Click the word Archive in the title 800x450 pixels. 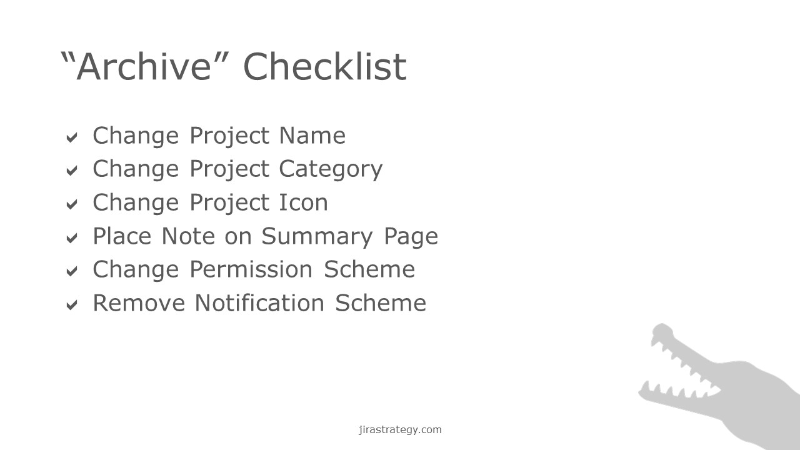tap(144, 66)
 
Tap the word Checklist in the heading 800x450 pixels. tap(325, 66)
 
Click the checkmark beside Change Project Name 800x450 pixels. tap(72, 137)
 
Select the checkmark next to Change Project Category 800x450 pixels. tap(72, 171)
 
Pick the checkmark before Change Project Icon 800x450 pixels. tap(72, 204)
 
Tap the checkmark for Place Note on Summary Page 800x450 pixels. tap(72, 238)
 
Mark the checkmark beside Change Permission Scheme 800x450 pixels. tap(72, 271)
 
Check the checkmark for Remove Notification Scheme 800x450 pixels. tap(72, 305)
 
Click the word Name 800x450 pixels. tap(312, 136)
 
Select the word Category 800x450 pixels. tap(331, 169)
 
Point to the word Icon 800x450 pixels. tap(303, 202)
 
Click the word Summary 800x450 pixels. tap(317, 236)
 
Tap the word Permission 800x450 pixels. tap(251, 269)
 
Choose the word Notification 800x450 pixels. tap(259, 303)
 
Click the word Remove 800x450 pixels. tap(139, 303)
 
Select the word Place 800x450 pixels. tap(122, 236)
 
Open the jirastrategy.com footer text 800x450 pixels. tap(400, 429)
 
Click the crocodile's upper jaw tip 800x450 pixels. tap(661, 326)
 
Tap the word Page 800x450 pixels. tap(411, 237)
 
